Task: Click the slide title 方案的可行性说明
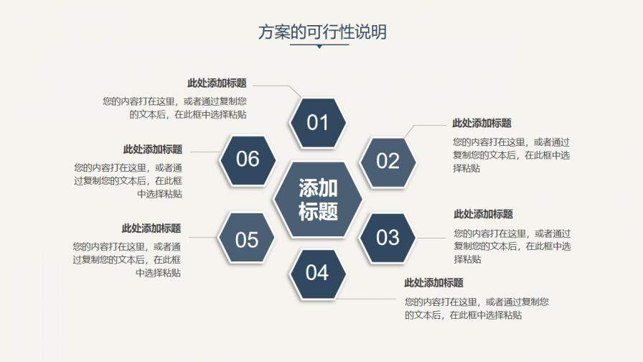(x=321, y=32)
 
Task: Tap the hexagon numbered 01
(x=317, y=123)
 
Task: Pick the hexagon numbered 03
(x=388, y=237)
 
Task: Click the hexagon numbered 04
(x=317, y=273)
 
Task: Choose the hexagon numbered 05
(x=247, y=239)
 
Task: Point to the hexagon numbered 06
(x=248, y=159)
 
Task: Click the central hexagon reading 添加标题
(x=318, y=199)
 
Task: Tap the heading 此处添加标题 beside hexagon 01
(x=217, y=83)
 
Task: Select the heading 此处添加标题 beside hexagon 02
(x=482, y=124)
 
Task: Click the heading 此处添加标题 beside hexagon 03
(x=483, y=214)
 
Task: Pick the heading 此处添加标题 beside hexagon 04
(x=433, y=283)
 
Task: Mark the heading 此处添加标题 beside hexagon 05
(x=151, y=228)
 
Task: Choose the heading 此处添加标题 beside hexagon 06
(x=153, y=149)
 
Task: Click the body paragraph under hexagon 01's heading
(x=179, y=108)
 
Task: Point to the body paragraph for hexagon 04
(x=477, y=308)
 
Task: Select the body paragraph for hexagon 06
(x=128, y=180)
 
